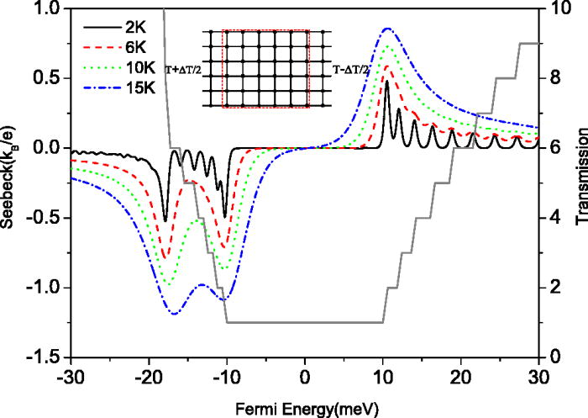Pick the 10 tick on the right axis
(554, 8)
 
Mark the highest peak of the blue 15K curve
(386, 29)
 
